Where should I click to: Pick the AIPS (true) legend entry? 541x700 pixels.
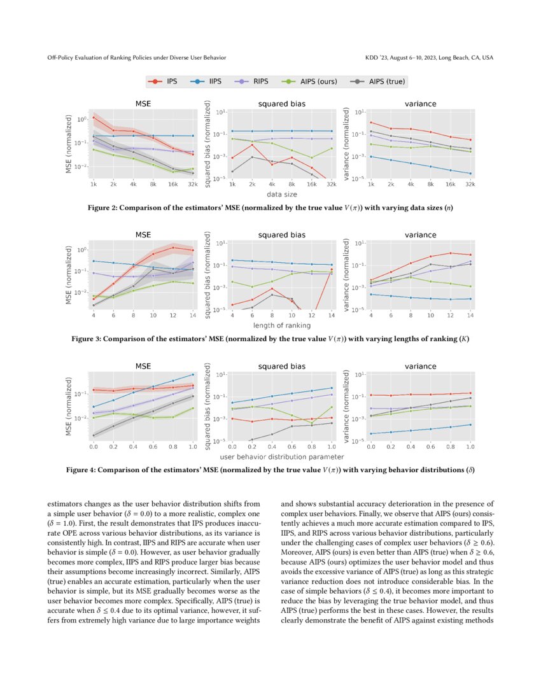point(378,81)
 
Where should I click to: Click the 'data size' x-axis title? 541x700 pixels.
point(282,194)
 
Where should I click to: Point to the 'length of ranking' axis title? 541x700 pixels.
point(282,325)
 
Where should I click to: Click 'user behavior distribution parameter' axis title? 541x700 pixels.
point(282,457)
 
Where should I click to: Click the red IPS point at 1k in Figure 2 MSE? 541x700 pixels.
point(94,117)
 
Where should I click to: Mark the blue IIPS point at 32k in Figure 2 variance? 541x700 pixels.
point(470,173)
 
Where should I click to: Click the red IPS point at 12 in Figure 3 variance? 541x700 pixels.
point(451,253)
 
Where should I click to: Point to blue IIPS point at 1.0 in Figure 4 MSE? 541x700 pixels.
point(193,374)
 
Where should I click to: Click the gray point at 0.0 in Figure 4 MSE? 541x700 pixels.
point(94,435)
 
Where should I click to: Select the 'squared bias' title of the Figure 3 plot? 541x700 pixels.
point(281,235)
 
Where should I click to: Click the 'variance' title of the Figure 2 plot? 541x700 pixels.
point(420,103)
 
